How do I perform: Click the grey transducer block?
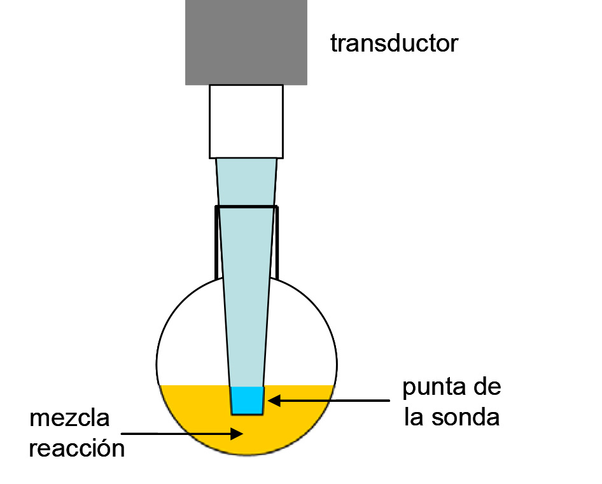pyautogui.click(x=246, y=42)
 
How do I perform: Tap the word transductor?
pyautogui.click(x=394, y=43)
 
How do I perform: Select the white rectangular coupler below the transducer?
pyautogui.click(x=246, y=121)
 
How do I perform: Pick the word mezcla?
pyautogui.click(x=70, y=418)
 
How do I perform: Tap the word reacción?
pyautogui.click(x=76, y=448)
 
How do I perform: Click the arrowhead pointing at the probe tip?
pyautogui.click(x=272, y=401)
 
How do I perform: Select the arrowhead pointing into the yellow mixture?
pyautogui.click(x=239, y=434)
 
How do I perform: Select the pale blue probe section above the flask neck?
pyautogui.click(x=246, y=182)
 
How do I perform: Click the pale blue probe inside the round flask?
pyautogui.click(x=247, y=331)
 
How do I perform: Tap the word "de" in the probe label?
pyautogui.click(x=485, y=387)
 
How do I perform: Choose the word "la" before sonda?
pyautogui.click(x=414, y=418)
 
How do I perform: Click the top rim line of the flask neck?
pyautogui.click(x=246, y=207)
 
